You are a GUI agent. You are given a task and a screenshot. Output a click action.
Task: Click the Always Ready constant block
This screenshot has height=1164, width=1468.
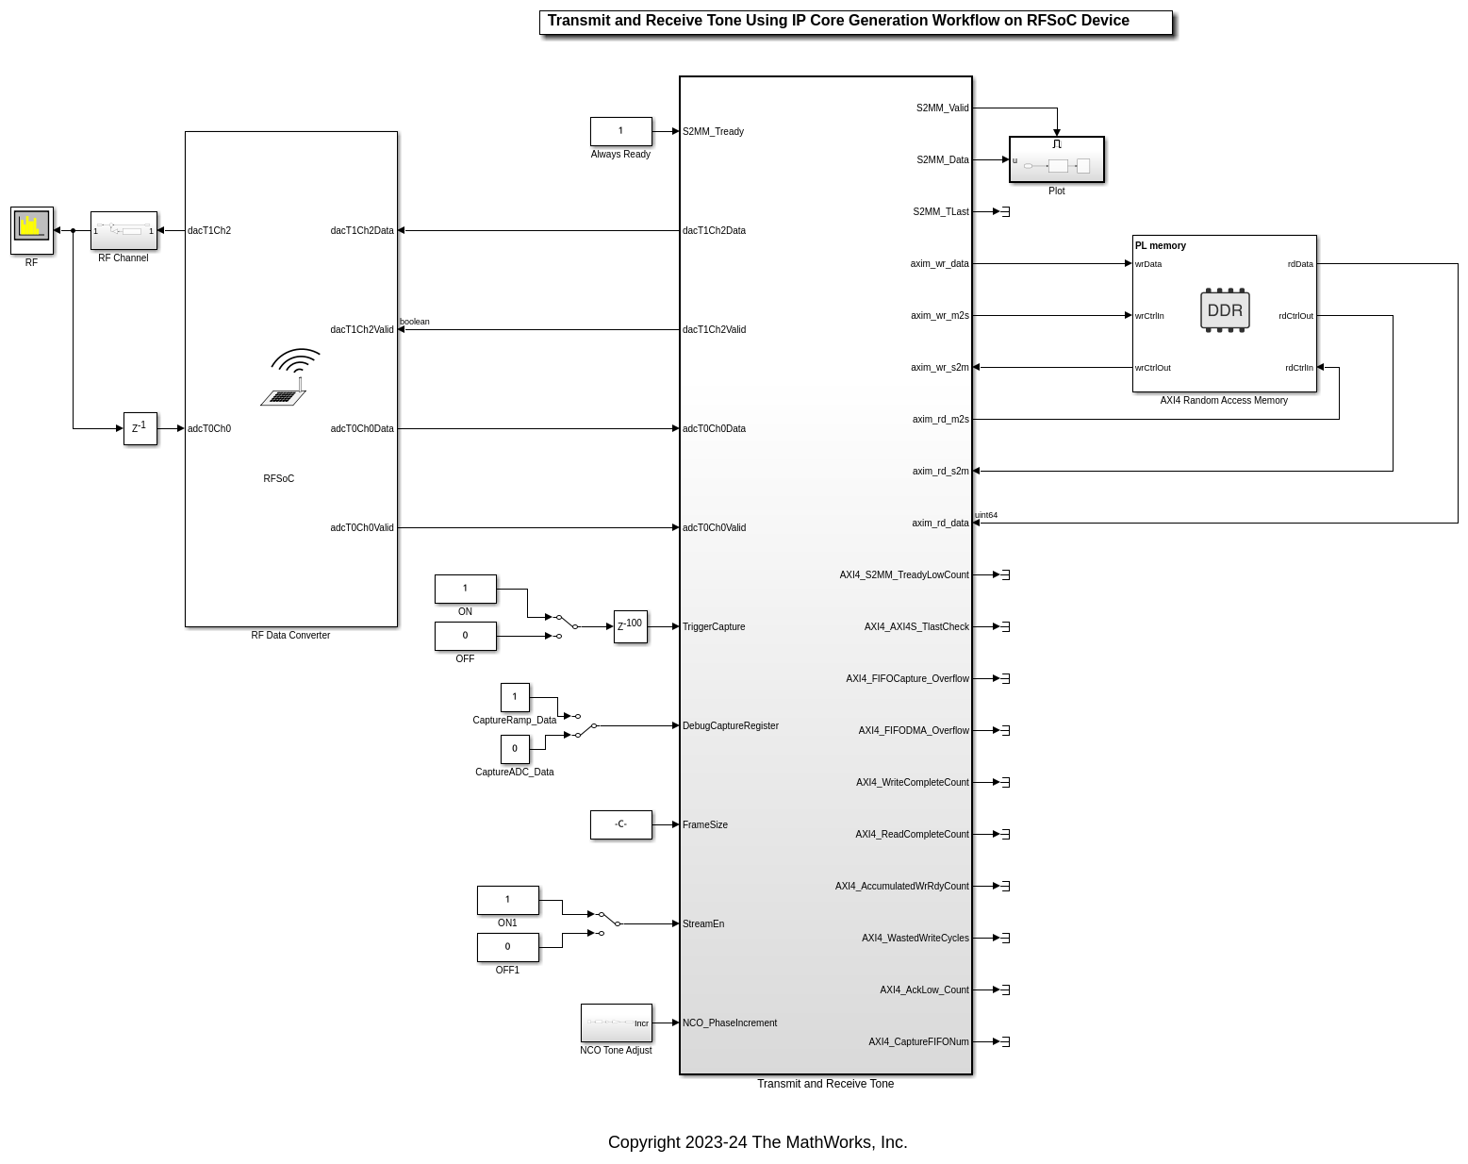(620, 131)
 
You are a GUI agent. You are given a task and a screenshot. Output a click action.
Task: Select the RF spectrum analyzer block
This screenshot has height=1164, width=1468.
(32, 230)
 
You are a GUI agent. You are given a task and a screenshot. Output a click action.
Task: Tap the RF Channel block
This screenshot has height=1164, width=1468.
(124, 230)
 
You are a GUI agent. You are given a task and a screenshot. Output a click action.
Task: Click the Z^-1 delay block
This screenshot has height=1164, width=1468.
(140, 428)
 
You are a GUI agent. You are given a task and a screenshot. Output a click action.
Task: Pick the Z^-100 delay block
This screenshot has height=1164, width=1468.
(630, 626)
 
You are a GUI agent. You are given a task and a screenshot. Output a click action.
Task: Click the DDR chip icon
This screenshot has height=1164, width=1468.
(1225, 310)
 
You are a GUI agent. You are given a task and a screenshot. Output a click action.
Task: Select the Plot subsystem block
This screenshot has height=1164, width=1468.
(1056, 160)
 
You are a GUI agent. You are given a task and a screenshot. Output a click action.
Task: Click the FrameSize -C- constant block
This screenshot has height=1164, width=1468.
(620, 824)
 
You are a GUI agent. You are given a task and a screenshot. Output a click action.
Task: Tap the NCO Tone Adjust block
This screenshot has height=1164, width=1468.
(616, 1023)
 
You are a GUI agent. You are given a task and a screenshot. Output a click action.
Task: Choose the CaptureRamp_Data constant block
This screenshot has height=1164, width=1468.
(515, 697)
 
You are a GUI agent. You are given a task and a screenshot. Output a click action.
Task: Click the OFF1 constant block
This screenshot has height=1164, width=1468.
(507, 947)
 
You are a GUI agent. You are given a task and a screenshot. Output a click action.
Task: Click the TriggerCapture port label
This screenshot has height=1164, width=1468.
(714, 627)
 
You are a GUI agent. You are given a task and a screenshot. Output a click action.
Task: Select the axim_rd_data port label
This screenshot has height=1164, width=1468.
(940, 524)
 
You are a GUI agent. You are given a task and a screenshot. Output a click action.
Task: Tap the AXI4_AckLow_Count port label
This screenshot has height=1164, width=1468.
(924, 990)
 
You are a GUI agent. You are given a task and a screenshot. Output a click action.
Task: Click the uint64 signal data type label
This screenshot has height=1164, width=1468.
(986, 515)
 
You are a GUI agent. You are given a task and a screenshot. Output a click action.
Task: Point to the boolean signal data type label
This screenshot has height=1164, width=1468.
(415, 322)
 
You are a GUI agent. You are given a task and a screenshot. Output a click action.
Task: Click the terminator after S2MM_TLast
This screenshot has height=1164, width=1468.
(1005, 212)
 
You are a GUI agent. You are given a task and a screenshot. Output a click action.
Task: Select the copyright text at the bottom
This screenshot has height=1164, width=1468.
(757, 1142)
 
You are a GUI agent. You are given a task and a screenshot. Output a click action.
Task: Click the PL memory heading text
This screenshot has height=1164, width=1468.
(1161, 246)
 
